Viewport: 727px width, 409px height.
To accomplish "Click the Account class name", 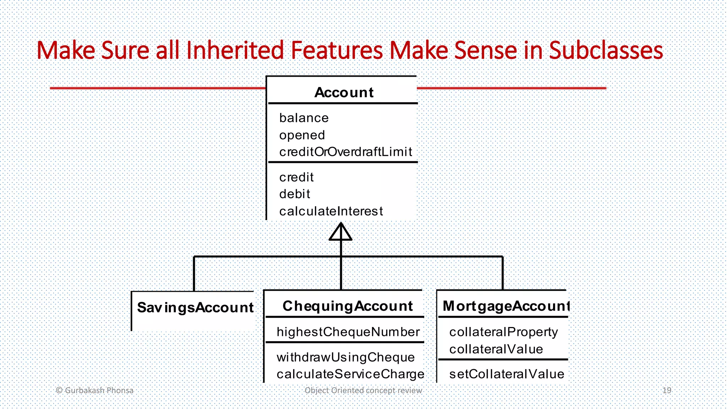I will pos(344,93).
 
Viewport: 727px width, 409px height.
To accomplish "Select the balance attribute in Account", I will pos(304,118).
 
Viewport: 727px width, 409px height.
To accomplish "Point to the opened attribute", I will pos(302,135).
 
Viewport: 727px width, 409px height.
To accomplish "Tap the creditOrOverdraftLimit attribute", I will pos(345,152).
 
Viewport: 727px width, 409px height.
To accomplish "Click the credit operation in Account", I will pos(296,177).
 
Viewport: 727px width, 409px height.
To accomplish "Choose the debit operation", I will pos(295,194).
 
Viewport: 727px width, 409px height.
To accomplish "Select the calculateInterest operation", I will pos(331,211).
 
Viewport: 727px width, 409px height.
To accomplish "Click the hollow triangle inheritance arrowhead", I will pos(340,233).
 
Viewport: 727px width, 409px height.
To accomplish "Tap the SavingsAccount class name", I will pos(195,307).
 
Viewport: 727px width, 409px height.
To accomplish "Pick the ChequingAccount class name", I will pos(348,306).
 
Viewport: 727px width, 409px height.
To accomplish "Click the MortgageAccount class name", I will pos(506,306).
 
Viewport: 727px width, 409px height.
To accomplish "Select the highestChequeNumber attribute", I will pos(348,332).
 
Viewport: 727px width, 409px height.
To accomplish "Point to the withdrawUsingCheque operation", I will pos(345,357).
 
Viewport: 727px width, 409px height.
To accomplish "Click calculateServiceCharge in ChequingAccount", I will pos(350,374).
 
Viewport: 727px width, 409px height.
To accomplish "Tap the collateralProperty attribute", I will pos(503,332).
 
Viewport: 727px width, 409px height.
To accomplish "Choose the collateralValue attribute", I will pos(496,349).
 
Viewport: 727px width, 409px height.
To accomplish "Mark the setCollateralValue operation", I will pos(507,374).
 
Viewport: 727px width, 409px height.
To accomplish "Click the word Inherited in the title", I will pos(235,50).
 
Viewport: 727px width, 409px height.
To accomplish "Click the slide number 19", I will pos(667,391).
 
